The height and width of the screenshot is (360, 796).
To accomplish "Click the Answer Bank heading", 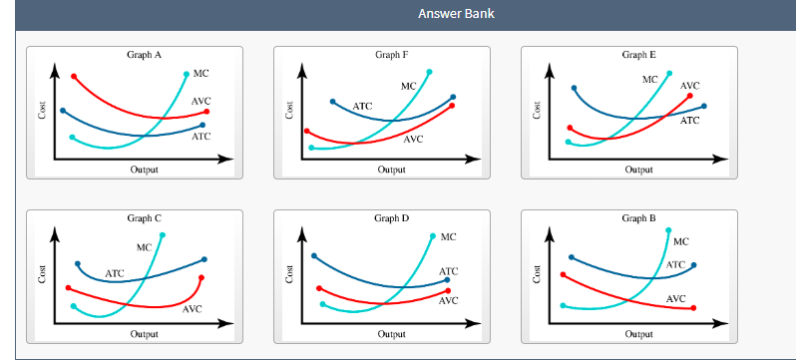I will point(456,14).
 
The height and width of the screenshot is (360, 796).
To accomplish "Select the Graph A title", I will point(145,55).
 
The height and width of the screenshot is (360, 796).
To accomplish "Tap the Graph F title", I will point(392,55).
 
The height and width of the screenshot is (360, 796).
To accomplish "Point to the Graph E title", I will point(638,55).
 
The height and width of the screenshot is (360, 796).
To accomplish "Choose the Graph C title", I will point(145,217).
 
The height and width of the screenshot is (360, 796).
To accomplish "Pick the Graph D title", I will point(391,217).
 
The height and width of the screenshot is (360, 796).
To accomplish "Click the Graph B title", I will point(638,217).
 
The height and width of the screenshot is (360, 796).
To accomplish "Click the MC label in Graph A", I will point(200,74).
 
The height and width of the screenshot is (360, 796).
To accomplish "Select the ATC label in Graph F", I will point(362,106).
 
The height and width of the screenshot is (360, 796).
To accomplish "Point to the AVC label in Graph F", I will point(414,140).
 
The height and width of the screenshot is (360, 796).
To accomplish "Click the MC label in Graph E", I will point(649,78).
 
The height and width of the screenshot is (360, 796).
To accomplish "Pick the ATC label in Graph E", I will point(689,121).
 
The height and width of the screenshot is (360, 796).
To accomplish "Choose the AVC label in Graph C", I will point(193,309).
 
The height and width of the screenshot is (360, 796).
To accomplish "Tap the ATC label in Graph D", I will point(448,271).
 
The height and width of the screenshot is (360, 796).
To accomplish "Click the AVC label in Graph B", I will point(675,298).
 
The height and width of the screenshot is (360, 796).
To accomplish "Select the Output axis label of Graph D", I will point(391,334).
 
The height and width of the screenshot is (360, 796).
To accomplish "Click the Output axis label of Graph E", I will point(638,171).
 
